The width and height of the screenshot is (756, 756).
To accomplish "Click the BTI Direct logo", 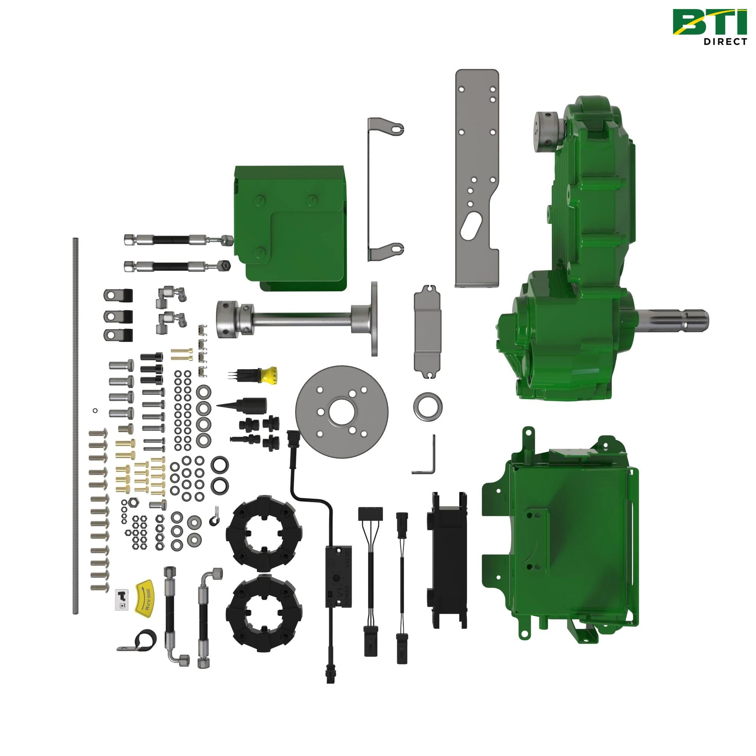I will (x=710, y=26).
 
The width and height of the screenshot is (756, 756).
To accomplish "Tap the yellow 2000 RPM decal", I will (x=145, y=599).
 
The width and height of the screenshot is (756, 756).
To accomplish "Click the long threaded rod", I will (x=76, y=426).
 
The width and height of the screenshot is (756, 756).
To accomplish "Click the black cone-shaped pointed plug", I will (x=245, y=404).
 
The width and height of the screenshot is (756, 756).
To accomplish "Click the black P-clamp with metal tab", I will (x=139, y=641).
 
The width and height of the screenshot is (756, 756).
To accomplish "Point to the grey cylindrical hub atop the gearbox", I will (x=548, y=131).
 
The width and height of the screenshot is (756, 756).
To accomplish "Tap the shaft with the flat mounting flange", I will (x=297, y=319).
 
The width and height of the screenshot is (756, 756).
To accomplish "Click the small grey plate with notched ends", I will (x=427, y=333).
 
